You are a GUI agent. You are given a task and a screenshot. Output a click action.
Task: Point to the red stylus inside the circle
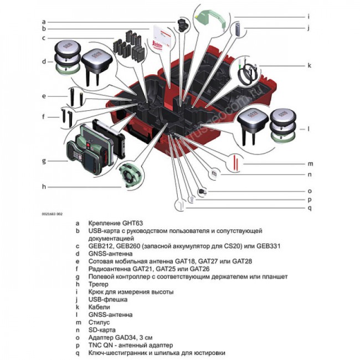coord(237,163)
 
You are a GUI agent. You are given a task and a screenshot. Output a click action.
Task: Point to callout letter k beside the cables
coord(310,65)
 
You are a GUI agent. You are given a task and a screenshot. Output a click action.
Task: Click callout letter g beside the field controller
coord(43,161)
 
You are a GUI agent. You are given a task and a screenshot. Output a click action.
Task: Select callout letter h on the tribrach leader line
coord(43,187)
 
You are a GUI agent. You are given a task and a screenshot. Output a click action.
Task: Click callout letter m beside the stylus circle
coord(311,164)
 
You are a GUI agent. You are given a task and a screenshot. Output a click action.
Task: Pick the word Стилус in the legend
coord(100,322)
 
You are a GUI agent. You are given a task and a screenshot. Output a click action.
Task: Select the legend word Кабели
coord(100,306)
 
